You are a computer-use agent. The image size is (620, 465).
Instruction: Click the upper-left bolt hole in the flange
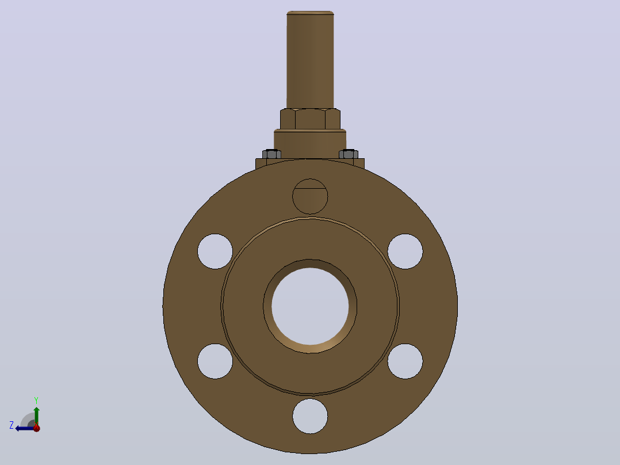[x=215, y=251]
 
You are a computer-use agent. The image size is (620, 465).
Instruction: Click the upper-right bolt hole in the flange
[x=405, y=251]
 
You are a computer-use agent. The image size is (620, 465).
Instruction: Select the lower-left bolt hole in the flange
[x=215, y=361]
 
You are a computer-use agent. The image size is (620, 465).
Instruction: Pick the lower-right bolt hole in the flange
[x=405, y=361]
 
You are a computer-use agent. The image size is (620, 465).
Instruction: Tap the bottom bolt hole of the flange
[x=310, y=416]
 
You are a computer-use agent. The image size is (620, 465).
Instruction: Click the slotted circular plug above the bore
[x=310, y=196]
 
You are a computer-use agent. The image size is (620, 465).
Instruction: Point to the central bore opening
[x=310, y=306]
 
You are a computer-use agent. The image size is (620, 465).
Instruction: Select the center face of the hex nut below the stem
[x=310, y=119]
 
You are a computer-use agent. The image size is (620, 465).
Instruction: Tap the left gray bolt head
[x=271, y=154]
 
